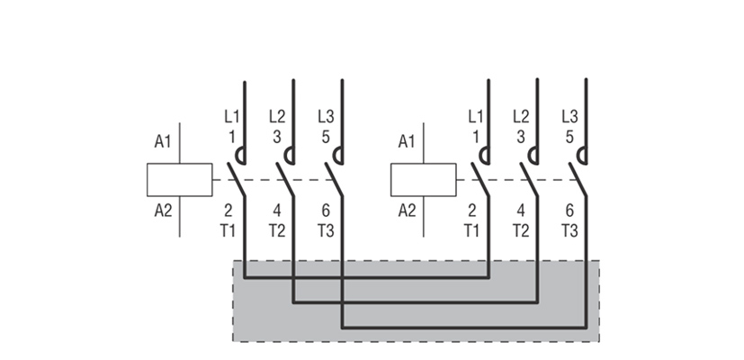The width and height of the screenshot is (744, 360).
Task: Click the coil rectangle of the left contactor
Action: (180, 179)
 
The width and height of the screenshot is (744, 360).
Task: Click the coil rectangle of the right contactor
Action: (424, 179)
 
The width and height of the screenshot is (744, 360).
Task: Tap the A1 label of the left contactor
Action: (163, 141)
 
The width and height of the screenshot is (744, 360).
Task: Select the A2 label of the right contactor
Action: (407, 211)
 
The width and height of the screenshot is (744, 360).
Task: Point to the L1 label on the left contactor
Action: (232, 116)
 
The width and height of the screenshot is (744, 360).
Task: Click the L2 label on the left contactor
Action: (277, 116)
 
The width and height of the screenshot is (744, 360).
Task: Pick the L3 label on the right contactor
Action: (569, 116)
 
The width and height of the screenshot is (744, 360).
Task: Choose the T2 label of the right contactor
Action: (520, 229)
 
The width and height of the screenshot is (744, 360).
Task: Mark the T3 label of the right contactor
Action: (569, 229)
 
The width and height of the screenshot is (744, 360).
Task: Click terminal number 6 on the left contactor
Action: (326, 211)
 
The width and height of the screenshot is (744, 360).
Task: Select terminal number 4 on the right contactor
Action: (520, 211)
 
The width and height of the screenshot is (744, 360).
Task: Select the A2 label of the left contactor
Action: (163, 211)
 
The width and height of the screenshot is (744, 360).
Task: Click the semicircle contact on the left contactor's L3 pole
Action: (337, 156)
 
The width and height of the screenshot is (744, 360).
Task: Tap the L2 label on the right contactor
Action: (521, 116)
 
